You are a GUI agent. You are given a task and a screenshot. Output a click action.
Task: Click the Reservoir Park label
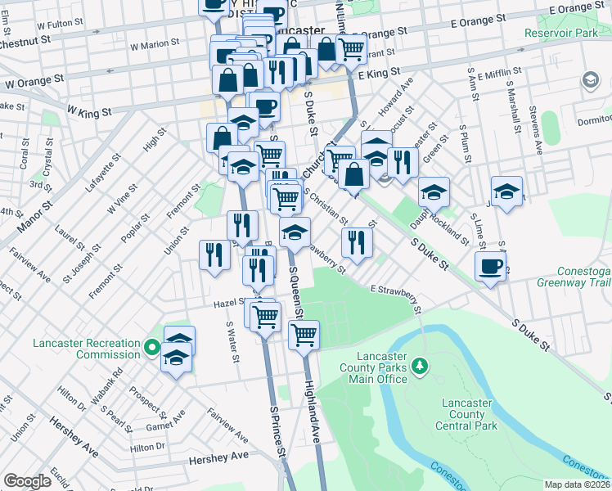tap(563, 32)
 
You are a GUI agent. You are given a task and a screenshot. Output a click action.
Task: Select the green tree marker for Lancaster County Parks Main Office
tap(420, 363)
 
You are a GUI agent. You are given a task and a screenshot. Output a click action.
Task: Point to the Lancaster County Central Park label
tap(469, 414)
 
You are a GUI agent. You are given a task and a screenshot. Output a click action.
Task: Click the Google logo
tap(27, 481)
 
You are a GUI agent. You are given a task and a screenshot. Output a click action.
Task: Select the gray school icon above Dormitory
tap(589, 80)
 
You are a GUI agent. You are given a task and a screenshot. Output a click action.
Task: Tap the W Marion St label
tap(154, 43)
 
